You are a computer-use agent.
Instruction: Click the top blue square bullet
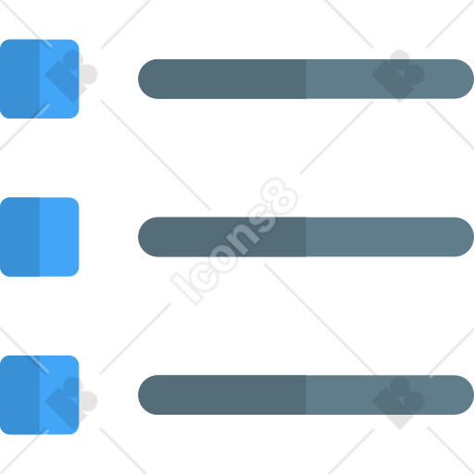tap(39, 79)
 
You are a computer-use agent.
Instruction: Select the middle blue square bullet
tap(39, 237)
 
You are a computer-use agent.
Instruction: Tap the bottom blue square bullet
tap(39, 395)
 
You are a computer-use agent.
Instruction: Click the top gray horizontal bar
tap(306, 79)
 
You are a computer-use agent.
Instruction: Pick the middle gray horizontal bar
tap(306, 237)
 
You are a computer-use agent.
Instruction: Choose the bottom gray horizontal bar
tap(306, 395)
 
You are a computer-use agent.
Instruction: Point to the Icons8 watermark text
tap(234, 242)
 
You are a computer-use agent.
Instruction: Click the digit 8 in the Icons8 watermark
tap(280, 196)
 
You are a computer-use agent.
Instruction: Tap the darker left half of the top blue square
tap(19, 79)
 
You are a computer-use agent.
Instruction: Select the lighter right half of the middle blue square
tap(59, 237)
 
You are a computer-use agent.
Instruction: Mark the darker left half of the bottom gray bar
tap(222, 395)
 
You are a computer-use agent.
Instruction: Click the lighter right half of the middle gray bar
tap(390, 237)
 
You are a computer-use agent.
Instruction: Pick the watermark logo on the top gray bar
tap(398, 76)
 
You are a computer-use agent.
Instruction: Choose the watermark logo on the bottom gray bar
tap(398, 403)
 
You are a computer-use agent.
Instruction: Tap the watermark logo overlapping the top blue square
tap(71, 76)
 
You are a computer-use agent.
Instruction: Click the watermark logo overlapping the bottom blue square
tap(71, 403)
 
